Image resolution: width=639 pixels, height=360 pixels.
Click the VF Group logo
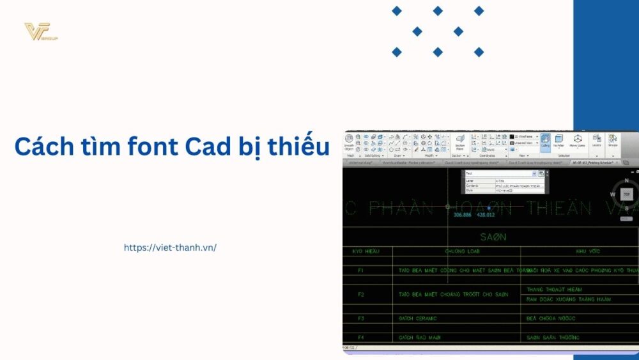(x=41, y=31)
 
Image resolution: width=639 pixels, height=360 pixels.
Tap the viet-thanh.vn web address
(x=170, y=247)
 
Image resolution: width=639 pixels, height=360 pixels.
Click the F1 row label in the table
(x=361, y=270)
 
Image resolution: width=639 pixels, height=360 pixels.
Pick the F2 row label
(x=361, y=294)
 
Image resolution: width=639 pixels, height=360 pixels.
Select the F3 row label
(x=361, y=318)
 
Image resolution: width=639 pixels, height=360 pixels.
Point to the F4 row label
(x=361, y=337)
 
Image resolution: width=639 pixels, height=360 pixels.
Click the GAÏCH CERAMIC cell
(x=417, y=318)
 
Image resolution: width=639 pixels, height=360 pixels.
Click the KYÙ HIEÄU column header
(x=366, y=251)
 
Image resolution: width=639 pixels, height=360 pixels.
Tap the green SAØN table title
(x=493, y=237)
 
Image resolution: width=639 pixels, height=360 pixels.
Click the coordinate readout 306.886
(x=462, y=215)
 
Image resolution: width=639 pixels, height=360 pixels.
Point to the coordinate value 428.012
(x=486, y=215)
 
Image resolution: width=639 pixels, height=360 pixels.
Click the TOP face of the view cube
(x=627, y=194)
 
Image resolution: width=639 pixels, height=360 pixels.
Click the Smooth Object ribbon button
(x=349, y=143)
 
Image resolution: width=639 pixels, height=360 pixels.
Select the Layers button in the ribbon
(x=597, y=141)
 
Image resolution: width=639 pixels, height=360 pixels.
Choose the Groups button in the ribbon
(x=613, y=141)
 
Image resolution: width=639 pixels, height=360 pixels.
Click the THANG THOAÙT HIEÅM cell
(x=554, y=290)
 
